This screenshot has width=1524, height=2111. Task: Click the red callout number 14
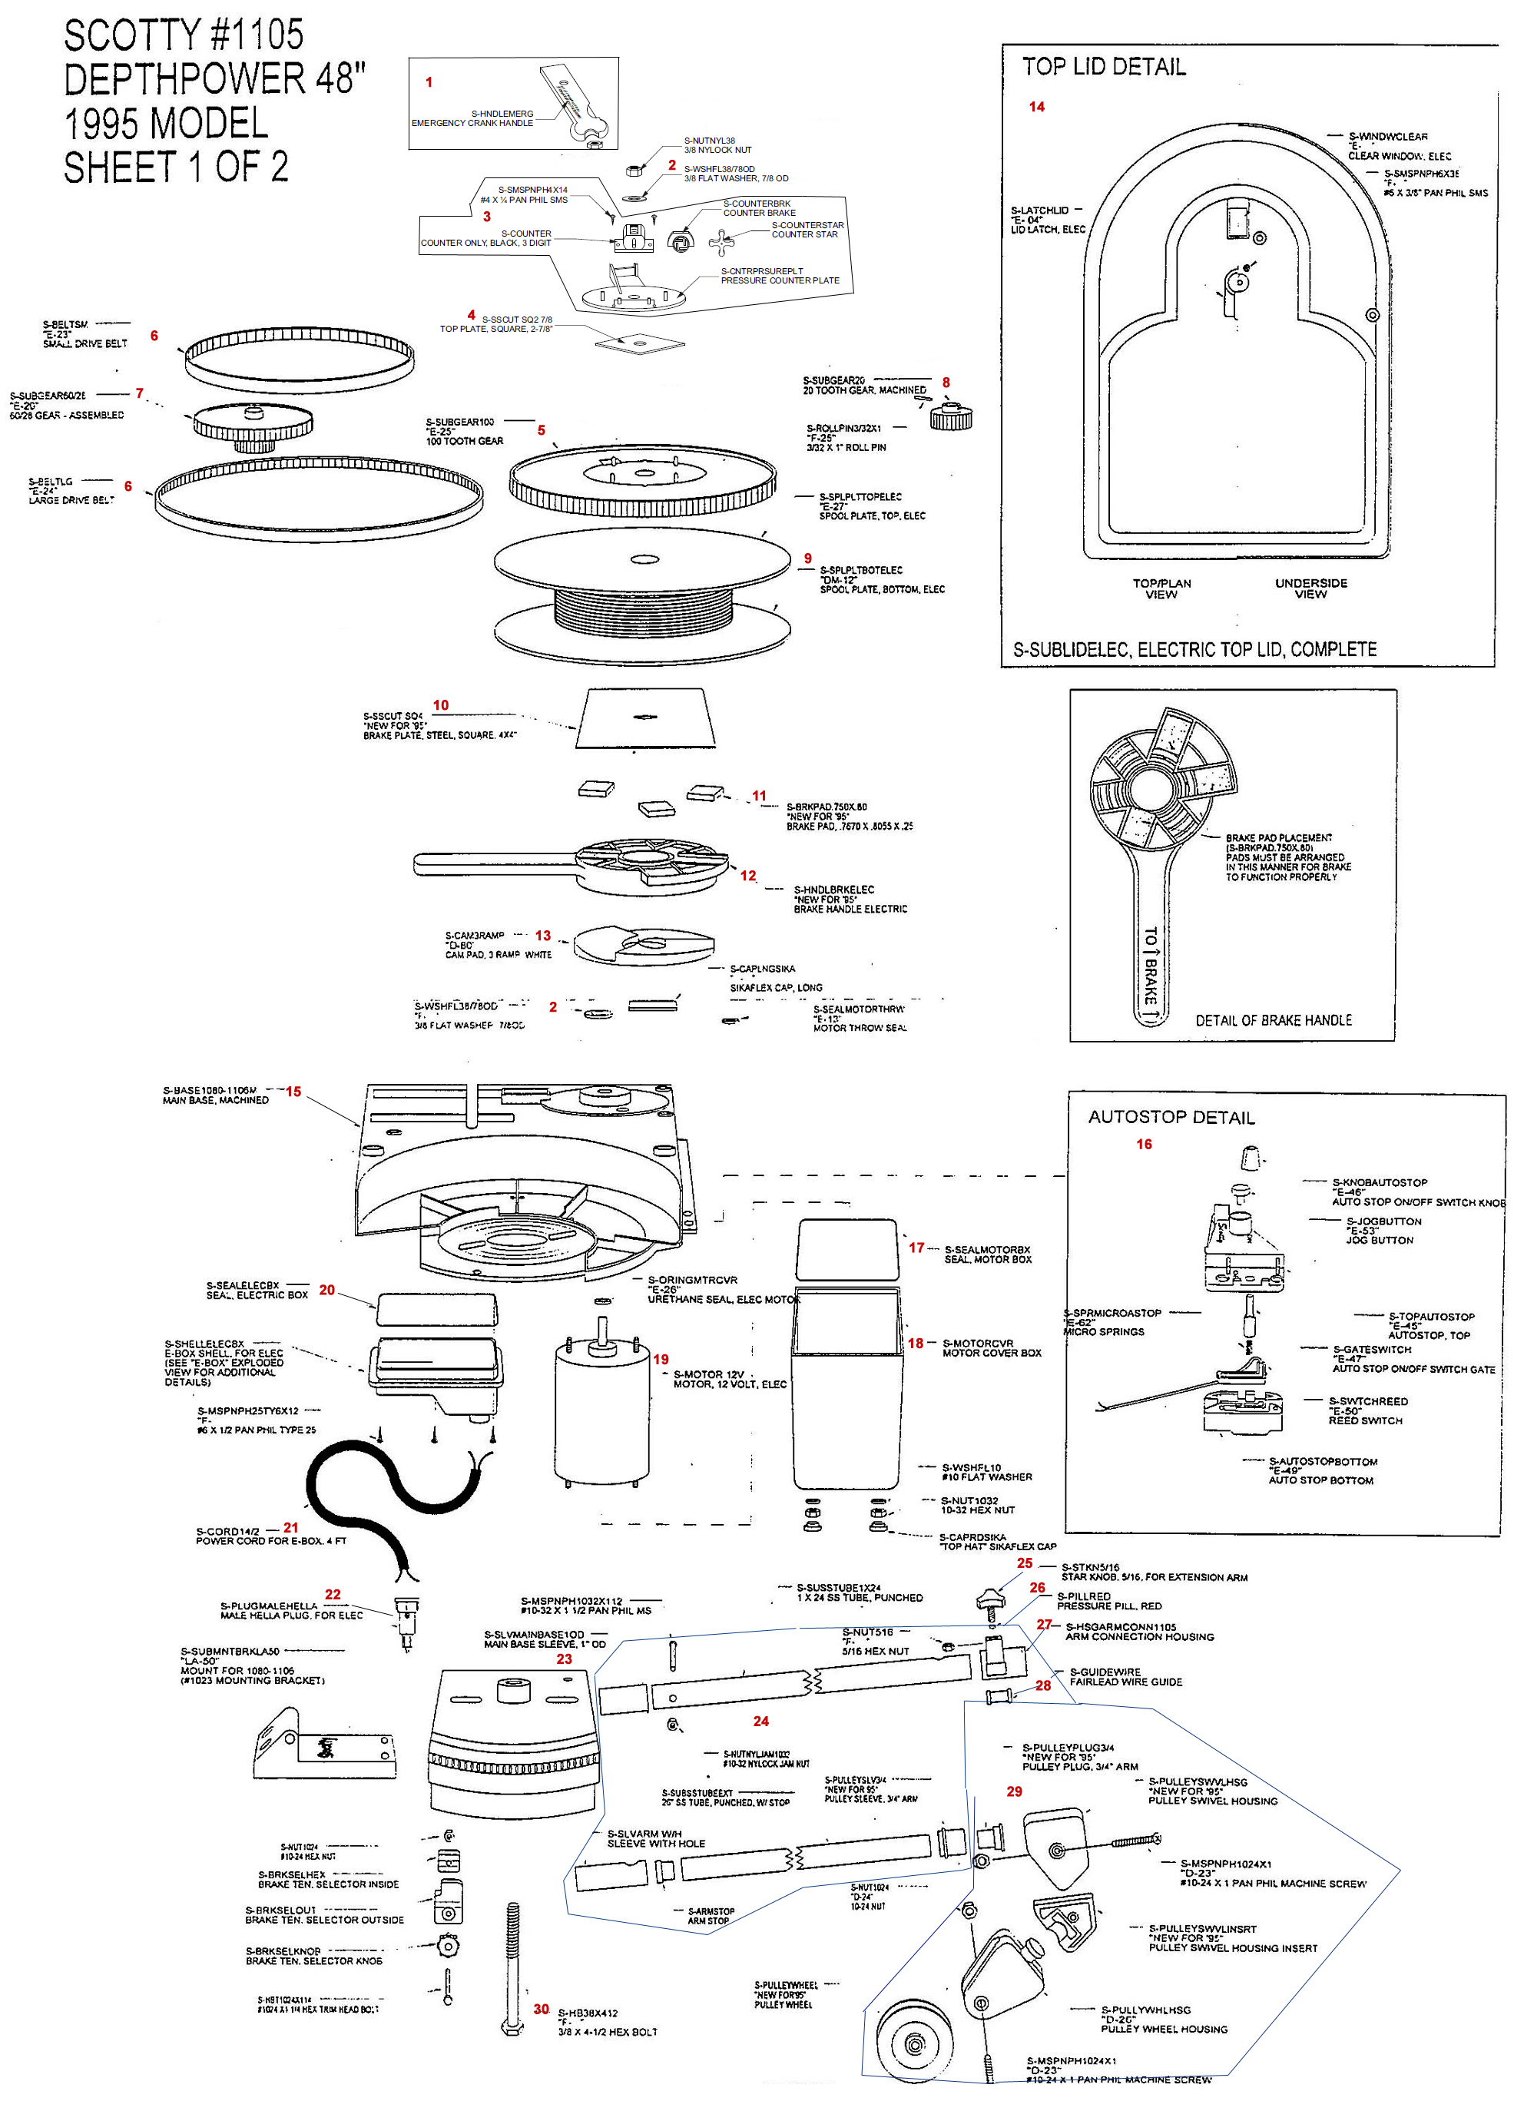pyautogui.click(x=1036, y=107)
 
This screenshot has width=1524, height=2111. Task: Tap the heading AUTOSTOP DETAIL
pyautogui.click(x=1171, y=1117)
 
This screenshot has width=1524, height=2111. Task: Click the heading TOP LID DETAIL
pyautogui.click(x=1103, y=67)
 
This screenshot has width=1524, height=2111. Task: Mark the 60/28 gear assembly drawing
pyautogui.click(x=252, y=426)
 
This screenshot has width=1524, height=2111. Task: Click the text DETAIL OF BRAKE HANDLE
pyautogui.click(x=1273, y=1020)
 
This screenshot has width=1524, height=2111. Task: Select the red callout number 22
pyautogui.click(x=333, y=1595)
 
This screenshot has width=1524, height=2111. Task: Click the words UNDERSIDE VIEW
pyautogui.click(x=1310, y=588)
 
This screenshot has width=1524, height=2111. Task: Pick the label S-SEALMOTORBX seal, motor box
pyautogui.click(x=987, y=1254)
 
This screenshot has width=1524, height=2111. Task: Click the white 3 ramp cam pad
pyautogui.click(x=642, y=944)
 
